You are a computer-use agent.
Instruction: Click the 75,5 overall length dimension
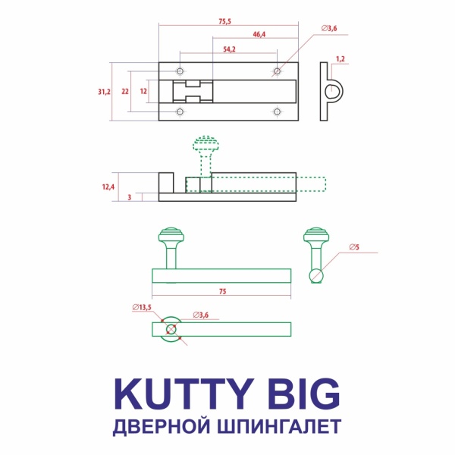[x=224, y=21]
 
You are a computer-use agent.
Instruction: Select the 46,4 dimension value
[x=259, y=35]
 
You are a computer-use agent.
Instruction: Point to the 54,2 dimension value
[x=230, y=49]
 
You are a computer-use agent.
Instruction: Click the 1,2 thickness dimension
[x=340, y=58]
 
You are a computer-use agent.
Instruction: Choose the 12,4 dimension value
[x=106, y=186]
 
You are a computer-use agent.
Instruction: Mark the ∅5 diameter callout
[x=353, y=247]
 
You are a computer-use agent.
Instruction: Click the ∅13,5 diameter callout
[x=142, y=307]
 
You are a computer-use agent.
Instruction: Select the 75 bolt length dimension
[x=223, y=290]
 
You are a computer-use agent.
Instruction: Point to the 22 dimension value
[x=125, y=91]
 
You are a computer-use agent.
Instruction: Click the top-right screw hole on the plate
[x=277, y=71]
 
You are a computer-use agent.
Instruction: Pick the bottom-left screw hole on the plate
[x=180, y=111]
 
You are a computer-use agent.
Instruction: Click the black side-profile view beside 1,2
[x=331, y=89]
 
